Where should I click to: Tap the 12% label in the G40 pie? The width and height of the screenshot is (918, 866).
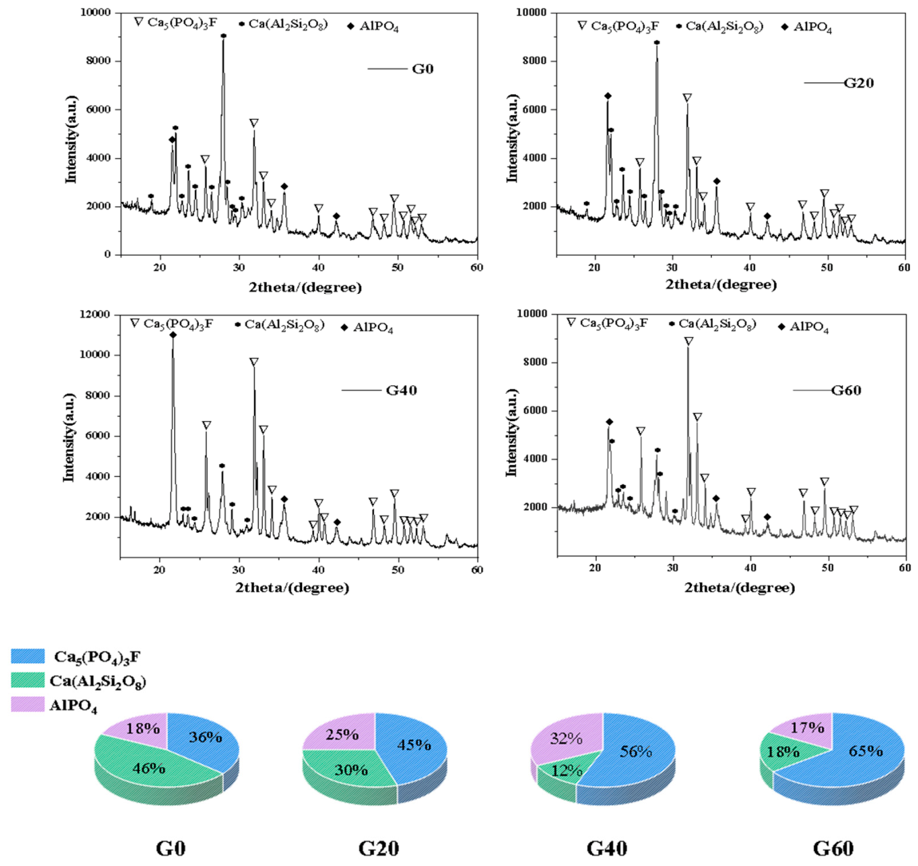tap(566, 771)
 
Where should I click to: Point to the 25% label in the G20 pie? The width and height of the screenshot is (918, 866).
tap(343, 734)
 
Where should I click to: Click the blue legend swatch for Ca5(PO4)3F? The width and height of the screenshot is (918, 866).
tap(27, 656)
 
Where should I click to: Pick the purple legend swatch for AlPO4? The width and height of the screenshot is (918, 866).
tap(27, 704)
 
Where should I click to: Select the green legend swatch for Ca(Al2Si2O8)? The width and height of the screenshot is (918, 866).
tap(27, 680)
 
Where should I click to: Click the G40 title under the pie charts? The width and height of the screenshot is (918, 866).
tap(607, 848)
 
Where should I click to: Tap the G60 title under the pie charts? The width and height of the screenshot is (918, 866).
tap(833, 848)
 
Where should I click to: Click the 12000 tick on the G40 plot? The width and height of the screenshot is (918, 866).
tap(95, 315)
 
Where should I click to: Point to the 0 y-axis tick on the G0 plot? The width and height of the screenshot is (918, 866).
tap(108, 255)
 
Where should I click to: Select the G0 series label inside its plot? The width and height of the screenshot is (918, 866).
tap(423, 69)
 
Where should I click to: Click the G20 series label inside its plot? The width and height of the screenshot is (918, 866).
tap(859, 83)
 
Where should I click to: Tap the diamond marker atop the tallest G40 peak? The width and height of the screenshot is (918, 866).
tap(173, 335)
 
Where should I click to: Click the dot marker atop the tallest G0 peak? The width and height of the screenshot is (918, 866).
tap(223, 36)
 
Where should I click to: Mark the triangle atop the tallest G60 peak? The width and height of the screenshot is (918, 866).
tap(689, 341)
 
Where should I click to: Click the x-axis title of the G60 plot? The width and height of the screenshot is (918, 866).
tap(740, 587)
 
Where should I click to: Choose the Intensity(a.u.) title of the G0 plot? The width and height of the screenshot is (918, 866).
tap(71, 138)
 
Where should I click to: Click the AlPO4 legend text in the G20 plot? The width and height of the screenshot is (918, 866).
tap(813, 27)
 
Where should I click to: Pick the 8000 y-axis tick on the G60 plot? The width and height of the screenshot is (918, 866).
tap(535, 362)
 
